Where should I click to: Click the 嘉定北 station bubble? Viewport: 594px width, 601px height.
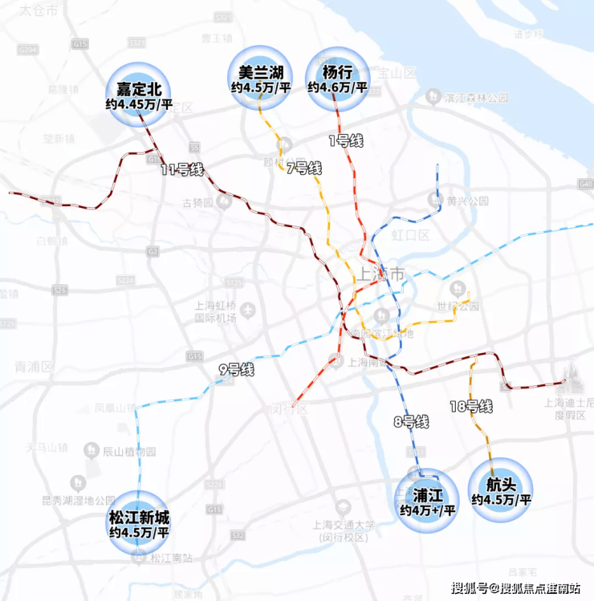click(x=139, y=93)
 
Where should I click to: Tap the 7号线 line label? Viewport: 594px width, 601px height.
click(x=303, y=169)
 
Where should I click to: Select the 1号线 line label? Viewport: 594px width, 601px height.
click(x=347, y=141)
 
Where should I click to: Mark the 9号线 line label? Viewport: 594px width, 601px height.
click(x=237, y=371)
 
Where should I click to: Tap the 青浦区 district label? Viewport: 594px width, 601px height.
click(x=32, y=367)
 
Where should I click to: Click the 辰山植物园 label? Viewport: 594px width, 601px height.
click(x=128, y=453)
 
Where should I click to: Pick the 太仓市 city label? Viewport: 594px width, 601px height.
click(x=39, y=10)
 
